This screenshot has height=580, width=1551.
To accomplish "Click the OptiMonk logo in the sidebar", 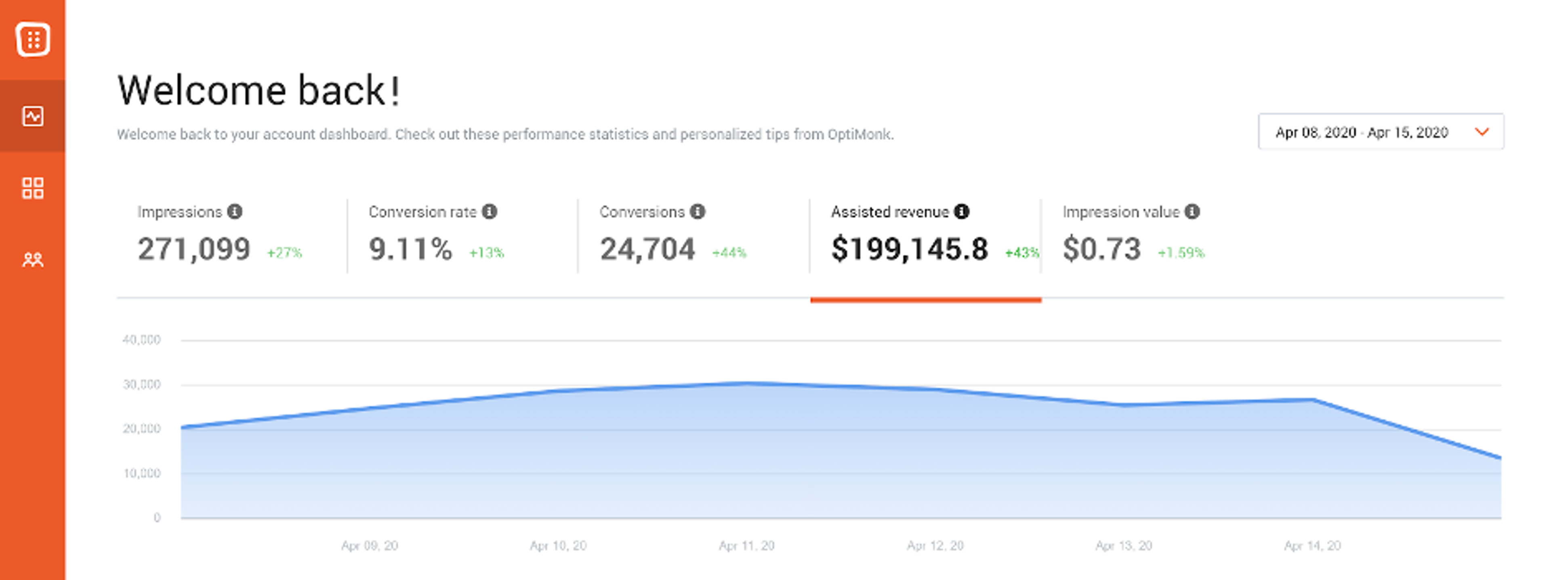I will tap(33, 40).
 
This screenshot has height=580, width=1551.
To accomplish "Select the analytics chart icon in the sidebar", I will tap(33, 116).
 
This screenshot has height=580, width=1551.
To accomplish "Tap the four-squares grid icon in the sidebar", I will tap(33, 188).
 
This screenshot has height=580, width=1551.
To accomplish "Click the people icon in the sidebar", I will tap(33, 260).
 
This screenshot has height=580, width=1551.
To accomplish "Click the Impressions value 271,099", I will tap(194, 249).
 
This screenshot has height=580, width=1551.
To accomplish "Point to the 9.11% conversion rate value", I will tap(410, 249).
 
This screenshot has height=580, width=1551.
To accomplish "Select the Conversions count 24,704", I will tap(647, 249).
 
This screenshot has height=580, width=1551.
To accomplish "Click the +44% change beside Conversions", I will tap(729, 252).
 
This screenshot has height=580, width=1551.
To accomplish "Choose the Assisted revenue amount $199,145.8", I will tap(909, 249).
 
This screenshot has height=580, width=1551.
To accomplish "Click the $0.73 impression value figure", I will tap(1101, 249).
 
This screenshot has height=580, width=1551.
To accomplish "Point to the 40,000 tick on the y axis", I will tap(141, 340).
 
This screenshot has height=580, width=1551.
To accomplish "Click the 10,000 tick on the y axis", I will tap(141, 473).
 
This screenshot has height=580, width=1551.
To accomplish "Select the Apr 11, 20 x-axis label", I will tap(746, 546).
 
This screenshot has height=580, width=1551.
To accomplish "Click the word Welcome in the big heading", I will tap(202, 90).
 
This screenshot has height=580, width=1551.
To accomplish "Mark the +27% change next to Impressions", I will tap(284, 252).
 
